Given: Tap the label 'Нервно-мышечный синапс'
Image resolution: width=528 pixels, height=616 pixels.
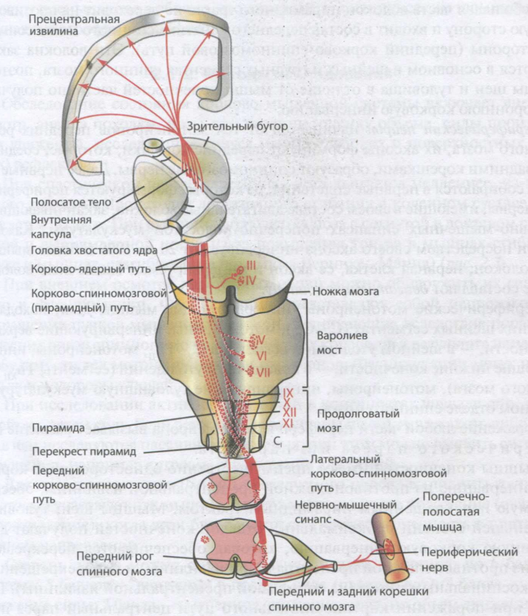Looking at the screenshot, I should pyautogui.click(x=336, y=498).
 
